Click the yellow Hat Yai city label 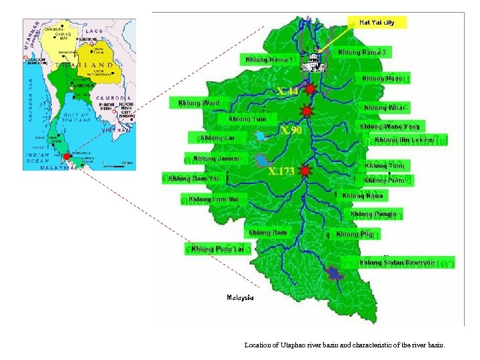click(377, 22)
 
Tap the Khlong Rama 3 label click(362, 52)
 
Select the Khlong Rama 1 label click(269, 59)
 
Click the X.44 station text click(287, 90)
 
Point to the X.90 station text click(290, 130)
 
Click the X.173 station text click(281, 171)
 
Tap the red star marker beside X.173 click(305, 171)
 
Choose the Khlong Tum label click(247, 119)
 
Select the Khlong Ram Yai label click(194, 178)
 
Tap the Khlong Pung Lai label click(218, 249)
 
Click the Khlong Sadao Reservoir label click(397, 263)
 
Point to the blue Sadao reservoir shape click(334, 273)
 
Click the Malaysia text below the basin click(240, 297)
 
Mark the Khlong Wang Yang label click(390, 126)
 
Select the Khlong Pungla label click(374, 214)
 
